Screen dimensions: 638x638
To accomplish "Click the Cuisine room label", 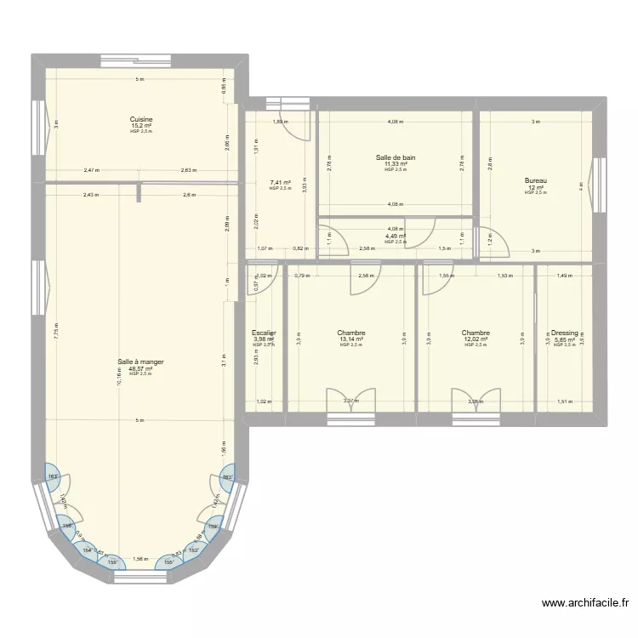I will point(141,119).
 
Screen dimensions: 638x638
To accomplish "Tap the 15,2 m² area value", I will point(141,126).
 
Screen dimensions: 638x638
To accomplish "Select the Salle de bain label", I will point(396,157).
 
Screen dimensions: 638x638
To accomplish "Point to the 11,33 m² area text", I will point(396,164).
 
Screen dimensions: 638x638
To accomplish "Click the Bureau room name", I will point(535,180).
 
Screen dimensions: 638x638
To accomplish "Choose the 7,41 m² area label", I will point(280,182).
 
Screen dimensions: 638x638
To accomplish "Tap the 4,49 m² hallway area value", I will point(396,236).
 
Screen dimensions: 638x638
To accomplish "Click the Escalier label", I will point(264,333).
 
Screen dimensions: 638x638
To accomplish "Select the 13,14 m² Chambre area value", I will point(350,339).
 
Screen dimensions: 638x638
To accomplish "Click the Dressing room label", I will point(564,333).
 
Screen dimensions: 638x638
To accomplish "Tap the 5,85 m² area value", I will point(564,339).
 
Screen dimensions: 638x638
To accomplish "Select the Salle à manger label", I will point(141,362).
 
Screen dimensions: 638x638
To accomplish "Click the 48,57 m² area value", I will point(141,368).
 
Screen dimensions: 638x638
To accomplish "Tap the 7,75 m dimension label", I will point(54,332).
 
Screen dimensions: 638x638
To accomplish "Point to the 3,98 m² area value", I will point(263,339).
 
